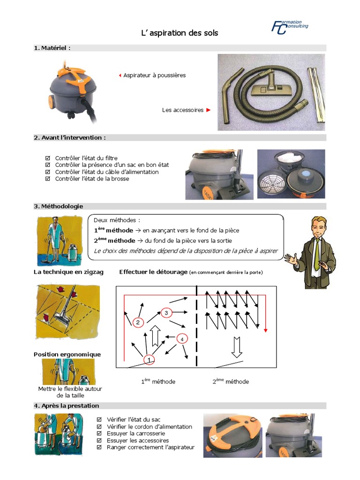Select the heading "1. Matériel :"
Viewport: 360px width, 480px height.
[52, 48]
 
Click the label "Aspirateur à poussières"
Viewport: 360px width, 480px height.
[154, 75]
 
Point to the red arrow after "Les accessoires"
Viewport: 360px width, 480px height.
[209, 110]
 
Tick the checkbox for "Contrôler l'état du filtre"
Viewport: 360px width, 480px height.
[47, 158]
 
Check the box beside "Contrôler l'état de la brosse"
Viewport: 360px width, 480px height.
[47, 179]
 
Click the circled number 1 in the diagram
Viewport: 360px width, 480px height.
[149, 360]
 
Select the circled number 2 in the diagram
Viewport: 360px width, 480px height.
[137, 322]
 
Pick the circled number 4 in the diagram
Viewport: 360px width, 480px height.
[182, 338]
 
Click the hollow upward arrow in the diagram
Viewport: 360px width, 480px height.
[156, 337]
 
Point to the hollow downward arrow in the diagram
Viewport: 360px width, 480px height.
[236, 346]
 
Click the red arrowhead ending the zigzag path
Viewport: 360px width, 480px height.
[265, 330]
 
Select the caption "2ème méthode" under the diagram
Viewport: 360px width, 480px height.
[231, 382]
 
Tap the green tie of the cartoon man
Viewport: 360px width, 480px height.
[317, 253]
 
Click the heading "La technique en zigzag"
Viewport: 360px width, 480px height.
[68, 272]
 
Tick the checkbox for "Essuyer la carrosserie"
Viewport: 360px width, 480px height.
[99, 434]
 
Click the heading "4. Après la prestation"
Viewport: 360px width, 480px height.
[66, 405]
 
